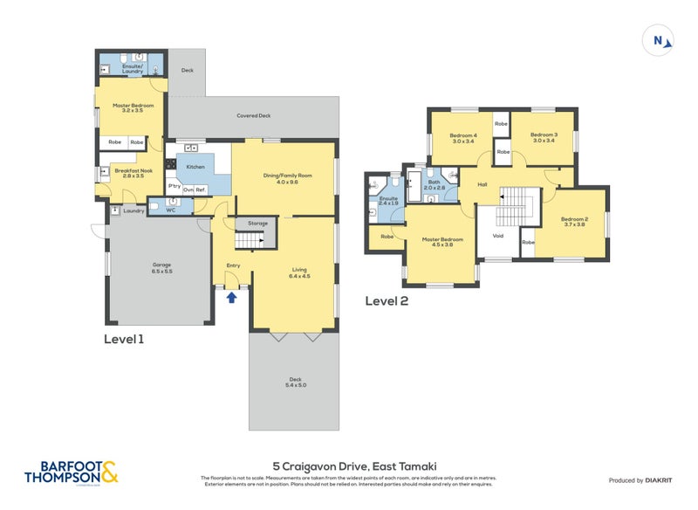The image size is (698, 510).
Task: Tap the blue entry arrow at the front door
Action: coord(231,298)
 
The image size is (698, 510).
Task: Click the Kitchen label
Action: coord(195,166)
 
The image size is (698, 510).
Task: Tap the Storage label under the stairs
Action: coord(257,224)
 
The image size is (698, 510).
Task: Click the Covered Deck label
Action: coord(253,115)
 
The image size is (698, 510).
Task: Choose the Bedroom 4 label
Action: coord(462,135)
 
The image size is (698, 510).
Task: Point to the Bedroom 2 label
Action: coord(572,218)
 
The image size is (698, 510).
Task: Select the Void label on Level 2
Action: coord(498,235)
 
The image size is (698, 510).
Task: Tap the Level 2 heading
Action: coord(387,301)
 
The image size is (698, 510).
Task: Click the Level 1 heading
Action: coord(124,338)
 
